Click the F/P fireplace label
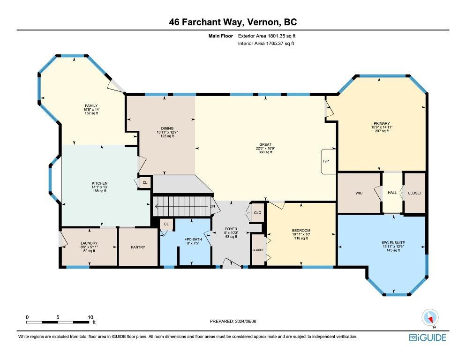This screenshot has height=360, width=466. point(326,161)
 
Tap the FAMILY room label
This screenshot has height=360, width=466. point(91,105)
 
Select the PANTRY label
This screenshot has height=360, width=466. point(138,247)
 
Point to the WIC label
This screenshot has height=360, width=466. point(359,193)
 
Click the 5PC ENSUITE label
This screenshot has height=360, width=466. point(393,242)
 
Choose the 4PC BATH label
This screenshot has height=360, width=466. point(193,240)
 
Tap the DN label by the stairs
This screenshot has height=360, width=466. point(212,206)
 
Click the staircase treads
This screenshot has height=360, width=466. point(181,206)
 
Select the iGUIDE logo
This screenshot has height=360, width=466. point(428,337)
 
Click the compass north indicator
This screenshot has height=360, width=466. point(430,318)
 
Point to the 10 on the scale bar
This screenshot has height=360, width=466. point(90,317)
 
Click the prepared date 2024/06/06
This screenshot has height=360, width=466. point(246,322)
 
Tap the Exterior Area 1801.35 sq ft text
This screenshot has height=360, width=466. point(267,36)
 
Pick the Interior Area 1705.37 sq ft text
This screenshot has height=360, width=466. point(266,44)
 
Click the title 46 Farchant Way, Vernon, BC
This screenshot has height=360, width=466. point(233,22)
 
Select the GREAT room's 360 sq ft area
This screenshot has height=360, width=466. point(265,152)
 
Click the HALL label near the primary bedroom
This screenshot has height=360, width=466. point(392,193)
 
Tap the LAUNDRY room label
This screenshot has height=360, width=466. point(89,243)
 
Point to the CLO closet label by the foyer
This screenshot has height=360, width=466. point(258,212)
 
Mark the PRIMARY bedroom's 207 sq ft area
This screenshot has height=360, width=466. point(382,131)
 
